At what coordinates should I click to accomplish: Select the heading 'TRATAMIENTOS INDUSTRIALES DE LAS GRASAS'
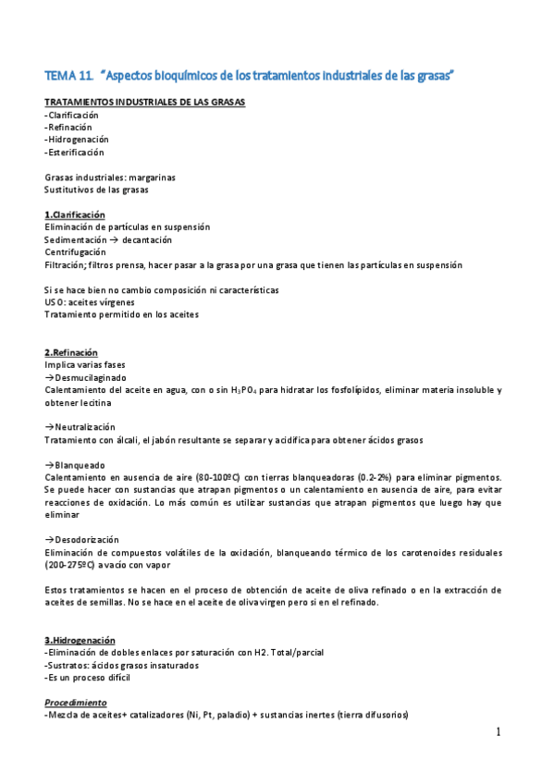click(x=144, y=102)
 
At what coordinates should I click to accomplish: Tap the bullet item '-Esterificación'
click(x=74, y=152)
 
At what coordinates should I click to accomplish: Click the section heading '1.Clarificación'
click(x=74, y=214)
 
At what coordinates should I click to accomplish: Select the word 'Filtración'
click(x=65, y=264)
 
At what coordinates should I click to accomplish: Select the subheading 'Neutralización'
click(x=83, y=427)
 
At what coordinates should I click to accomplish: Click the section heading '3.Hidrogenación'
click(x=80, y=640)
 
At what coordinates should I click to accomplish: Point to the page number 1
click(x=498, y=733)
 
